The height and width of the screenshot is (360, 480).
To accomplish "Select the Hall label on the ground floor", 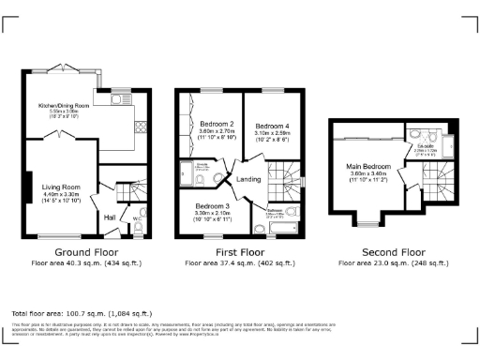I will coord(110,217).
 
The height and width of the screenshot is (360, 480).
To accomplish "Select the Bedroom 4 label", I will coord(272,126).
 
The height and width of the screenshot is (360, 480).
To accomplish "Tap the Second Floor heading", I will coord(393,252).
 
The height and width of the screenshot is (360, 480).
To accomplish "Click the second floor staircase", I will coord(437,177).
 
